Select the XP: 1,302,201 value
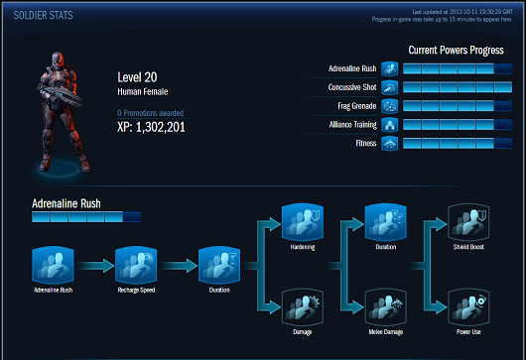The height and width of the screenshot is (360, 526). (x=151, y=127)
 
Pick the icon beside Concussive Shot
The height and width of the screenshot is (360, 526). (x=389, y=87)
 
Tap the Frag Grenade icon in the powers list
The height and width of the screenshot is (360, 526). (x=389, y=106)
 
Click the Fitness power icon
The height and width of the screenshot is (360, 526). (x=389, y=144)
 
